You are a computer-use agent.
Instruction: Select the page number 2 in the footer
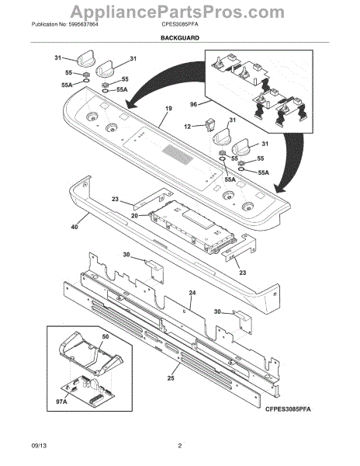pos(179,445)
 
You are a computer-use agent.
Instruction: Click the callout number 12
pos(188,126)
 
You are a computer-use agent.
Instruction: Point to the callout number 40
pos(74,228)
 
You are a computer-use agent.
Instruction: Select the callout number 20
pos(134,215)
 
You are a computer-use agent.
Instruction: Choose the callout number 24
pos(192,292)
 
